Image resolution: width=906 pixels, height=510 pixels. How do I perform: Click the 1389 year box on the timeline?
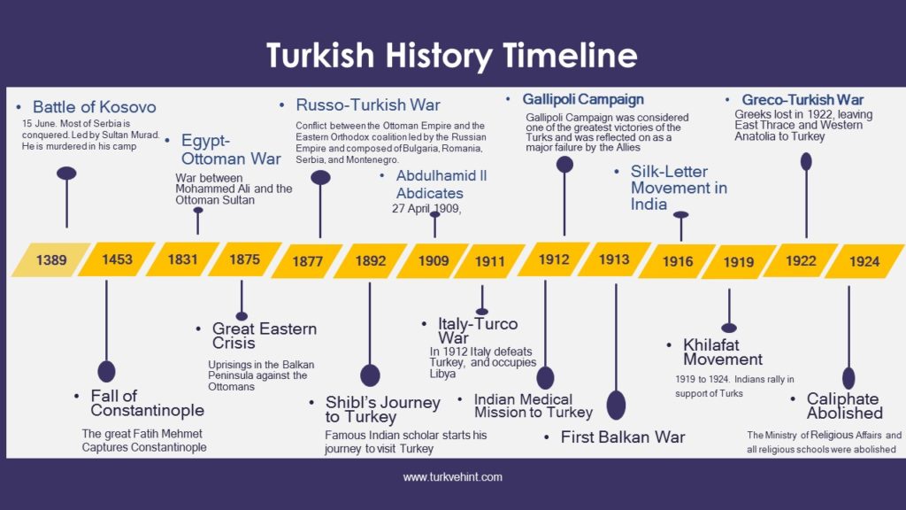tap(50, 260)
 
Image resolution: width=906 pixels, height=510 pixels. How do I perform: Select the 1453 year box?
tap(117, 259)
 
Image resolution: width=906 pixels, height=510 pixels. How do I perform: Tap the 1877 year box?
tap(307, 261)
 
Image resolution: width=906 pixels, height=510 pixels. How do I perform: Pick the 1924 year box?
tap(864, 261)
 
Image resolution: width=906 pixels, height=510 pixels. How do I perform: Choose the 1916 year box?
tap(678, 262)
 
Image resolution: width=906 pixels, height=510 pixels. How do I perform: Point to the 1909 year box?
tap(434, 261)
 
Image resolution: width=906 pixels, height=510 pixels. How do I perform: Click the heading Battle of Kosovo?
tap(94, 107)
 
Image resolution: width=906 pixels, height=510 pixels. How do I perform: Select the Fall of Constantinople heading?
tap(147, 403)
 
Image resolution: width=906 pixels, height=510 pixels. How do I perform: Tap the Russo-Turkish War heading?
tap(367, 105)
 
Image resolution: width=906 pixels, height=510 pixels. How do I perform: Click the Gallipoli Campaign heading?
tap(583, 99)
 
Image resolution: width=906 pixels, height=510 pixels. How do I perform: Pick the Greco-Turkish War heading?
tap(802, 100)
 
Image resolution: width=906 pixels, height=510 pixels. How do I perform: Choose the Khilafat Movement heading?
tap(722, 352)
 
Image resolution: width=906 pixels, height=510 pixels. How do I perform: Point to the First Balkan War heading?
tap(622, 437)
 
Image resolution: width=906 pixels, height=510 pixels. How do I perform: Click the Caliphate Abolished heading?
tap(844, 406)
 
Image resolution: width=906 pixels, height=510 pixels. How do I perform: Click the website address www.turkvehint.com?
tap(453, 477)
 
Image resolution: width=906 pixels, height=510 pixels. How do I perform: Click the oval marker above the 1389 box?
tap(66, 174)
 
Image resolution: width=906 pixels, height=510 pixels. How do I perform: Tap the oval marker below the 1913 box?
tap(616, 405)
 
